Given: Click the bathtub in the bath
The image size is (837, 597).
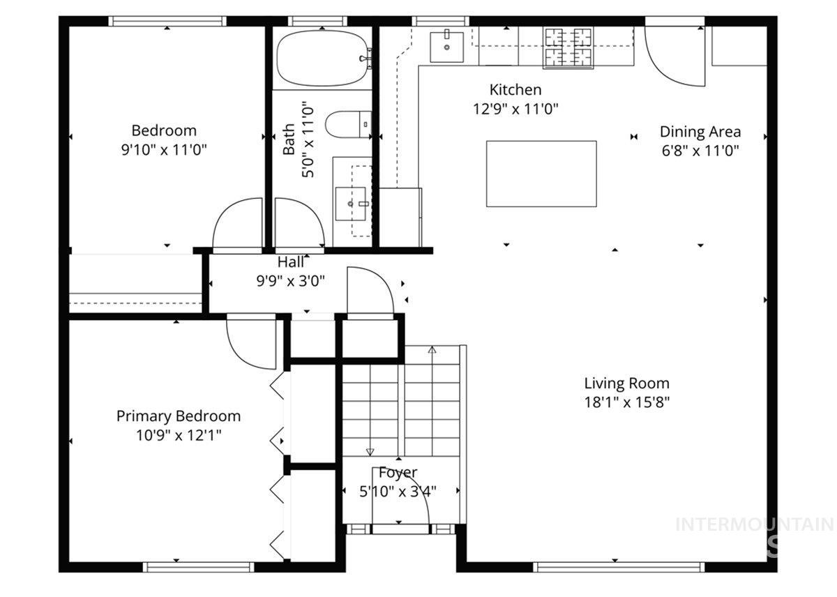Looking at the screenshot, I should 322,58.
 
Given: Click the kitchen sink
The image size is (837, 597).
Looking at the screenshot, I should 445,46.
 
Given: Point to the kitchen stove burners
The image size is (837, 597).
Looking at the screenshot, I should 568,47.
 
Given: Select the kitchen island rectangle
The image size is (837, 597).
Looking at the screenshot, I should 541,174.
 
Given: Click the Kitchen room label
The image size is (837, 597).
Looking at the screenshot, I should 515,90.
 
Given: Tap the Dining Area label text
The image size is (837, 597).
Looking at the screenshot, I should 700,132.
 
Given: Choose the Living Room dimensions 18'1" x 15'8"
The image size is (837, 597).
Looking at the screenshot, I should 626,402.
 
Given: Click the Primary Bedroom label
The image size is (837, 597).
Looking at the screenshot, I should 178,416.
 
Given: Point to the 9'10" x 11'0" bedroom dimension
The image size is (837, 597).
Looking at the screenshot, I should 164,149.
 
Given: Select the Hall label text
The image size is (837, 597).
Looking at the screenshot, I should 291,262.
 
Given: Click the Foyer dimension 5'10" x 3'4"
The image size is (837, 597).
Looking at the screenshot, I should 398,491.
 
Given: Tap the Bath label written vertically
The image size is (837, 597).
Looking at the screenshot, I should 289,139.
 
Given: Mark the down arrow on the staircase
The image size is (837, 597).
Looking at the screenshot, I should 370,451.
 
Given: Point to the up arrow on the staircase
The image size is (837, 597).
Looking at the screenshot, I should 432,350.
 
